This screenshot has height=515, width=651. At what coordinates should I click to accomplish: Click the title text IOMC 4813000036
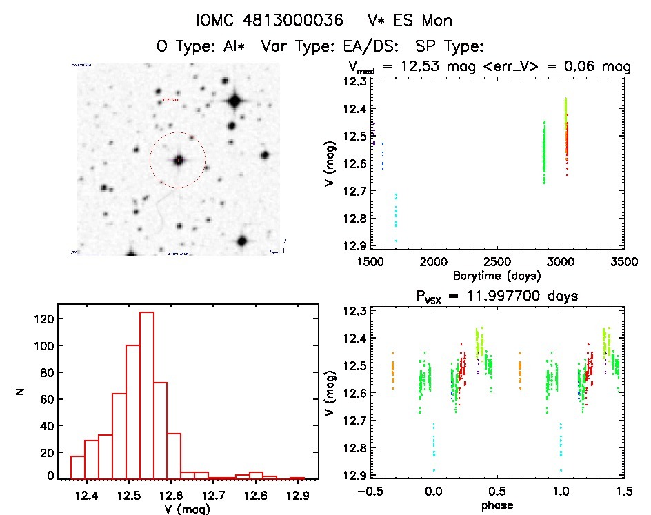tap(270, 20)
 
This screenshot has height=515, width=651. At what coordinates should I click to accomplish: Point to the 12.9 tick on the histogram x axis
tap(298, 496)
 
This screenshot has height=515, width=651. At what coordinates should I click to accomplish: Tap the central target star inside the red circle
tap(178, 160)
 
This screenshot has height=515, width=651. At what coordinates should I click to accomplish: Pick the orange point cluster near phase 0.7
tap(520, 371)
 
